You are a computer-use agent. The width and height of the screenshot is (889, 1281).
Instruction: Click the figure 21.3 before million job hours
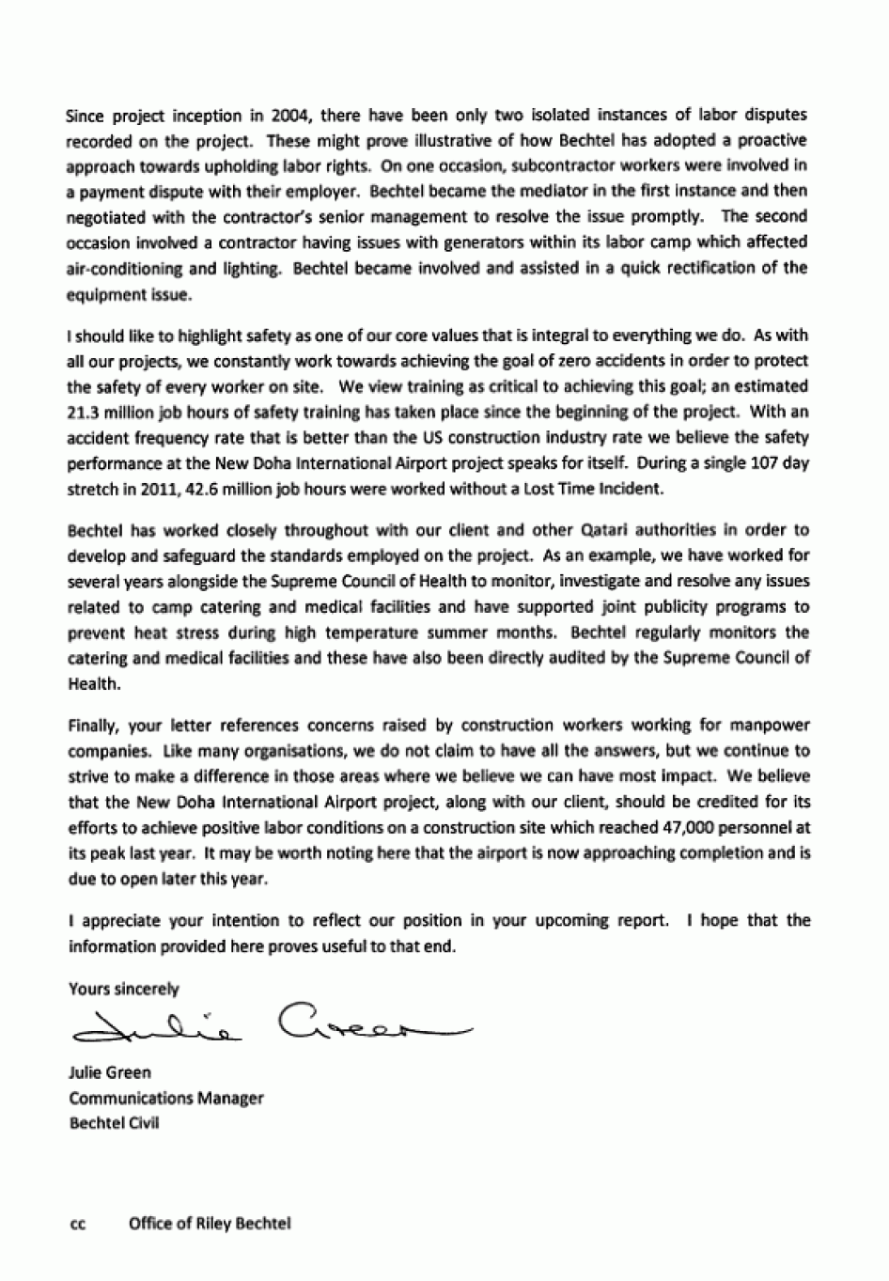(85, 412)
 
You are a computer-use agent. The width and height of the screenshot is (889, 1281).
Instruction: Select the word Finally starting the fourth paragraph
(92, 726)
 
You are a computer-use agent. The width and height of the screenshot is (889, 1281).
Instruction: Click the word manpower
(776, 726)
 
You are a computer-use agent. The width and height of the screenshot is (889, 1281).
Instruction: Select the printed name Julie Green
(110, 1072)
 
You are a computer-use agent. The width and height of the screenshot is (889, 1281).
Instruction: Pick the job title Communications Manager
(166, 1098)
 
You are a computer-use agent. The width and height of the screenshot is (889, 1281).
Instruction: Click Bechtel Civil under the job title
(114, 1123)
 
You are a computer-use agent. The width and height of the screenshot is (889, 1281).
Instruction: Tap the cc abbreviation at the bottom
(78, 1224)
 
